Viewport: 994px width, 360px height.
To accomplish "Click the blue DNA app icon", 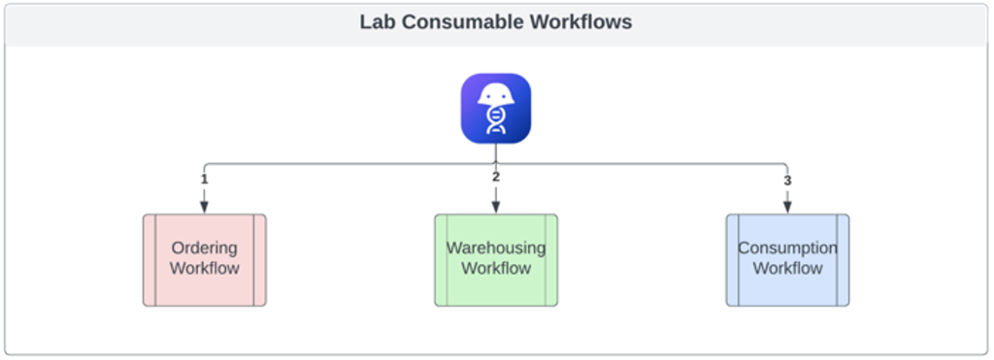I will tap(495, 109).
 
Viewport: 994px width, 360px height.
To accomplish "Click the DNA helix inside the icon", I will tap(495, 121).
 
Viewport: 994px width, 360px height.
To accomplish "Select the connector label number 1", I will tap(204, 179).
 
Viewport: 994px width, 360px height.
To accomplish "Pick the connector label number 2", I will tap(495, 177).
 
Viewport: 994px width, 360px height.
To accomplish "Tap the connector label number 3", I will tap(787, 180).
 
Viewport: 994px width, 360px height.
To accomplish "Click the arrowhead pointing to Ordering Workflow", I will tap(204, 206).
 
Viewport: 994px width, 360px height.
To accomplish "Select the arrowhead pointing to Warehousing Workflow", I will tap(495, 206).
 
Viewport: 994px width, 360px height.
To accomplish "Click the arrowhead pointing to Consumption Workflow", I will tap(787, 206).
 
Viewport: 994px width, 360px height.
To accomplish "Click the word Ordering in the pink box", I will tap(205, 248).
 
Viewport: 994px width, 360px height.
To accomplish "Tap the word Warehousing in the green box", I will tap(495, 248).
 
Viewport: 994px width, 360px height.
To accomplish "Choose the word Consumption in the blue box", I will tap(787, 248).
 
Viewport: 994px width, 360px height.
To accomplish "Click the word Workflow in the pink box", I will tap(205, 269).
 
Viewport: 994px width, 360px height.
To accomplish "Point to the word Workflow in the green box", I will tap(495, 269).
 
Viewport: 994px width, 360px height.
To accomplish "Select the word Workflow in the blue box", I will tap(787, 269).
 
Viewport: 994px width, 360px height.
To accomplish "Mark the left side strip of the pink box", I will tap(149, 260).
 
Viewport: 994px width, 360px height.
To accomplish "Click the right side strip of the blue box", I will tap(843, 260).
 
